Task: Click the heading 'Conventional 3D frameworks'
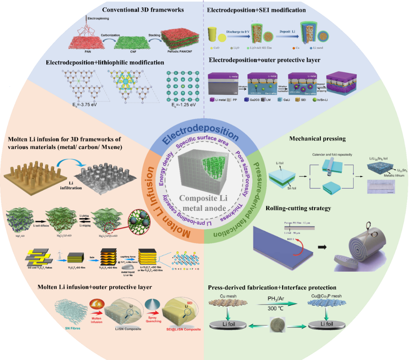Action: pyautogui.click(x=143, y=10)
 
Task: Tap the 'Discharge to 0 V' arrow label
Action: pyautogui.click(x=238, y=32)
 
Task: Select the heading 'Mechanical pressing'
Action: pyautogui.click(x=317, y=138)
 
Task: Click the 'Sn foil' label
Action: pyautogui.click(x=292, y=188)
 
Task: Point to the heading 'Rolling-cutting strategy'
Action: pyautogui.click(x=298, y=208)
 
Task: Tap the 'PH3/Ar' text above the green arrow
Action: pyautogui.click(x=276, y=299)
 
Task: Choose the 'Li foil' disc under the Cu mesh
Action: pyautogui.click(x=229, y=325)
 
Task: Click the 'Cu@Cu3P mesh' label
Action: pyautogui.click(x=326, y=296)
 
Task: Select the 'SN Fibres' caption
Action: pyautogui.click(x=73, y=328)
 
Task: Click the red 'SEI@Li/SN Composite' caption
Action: pyautogui.click(x=183, y=329)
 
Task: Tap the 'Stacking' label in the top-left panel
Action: pyautogui.click(x=154, y=35)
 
